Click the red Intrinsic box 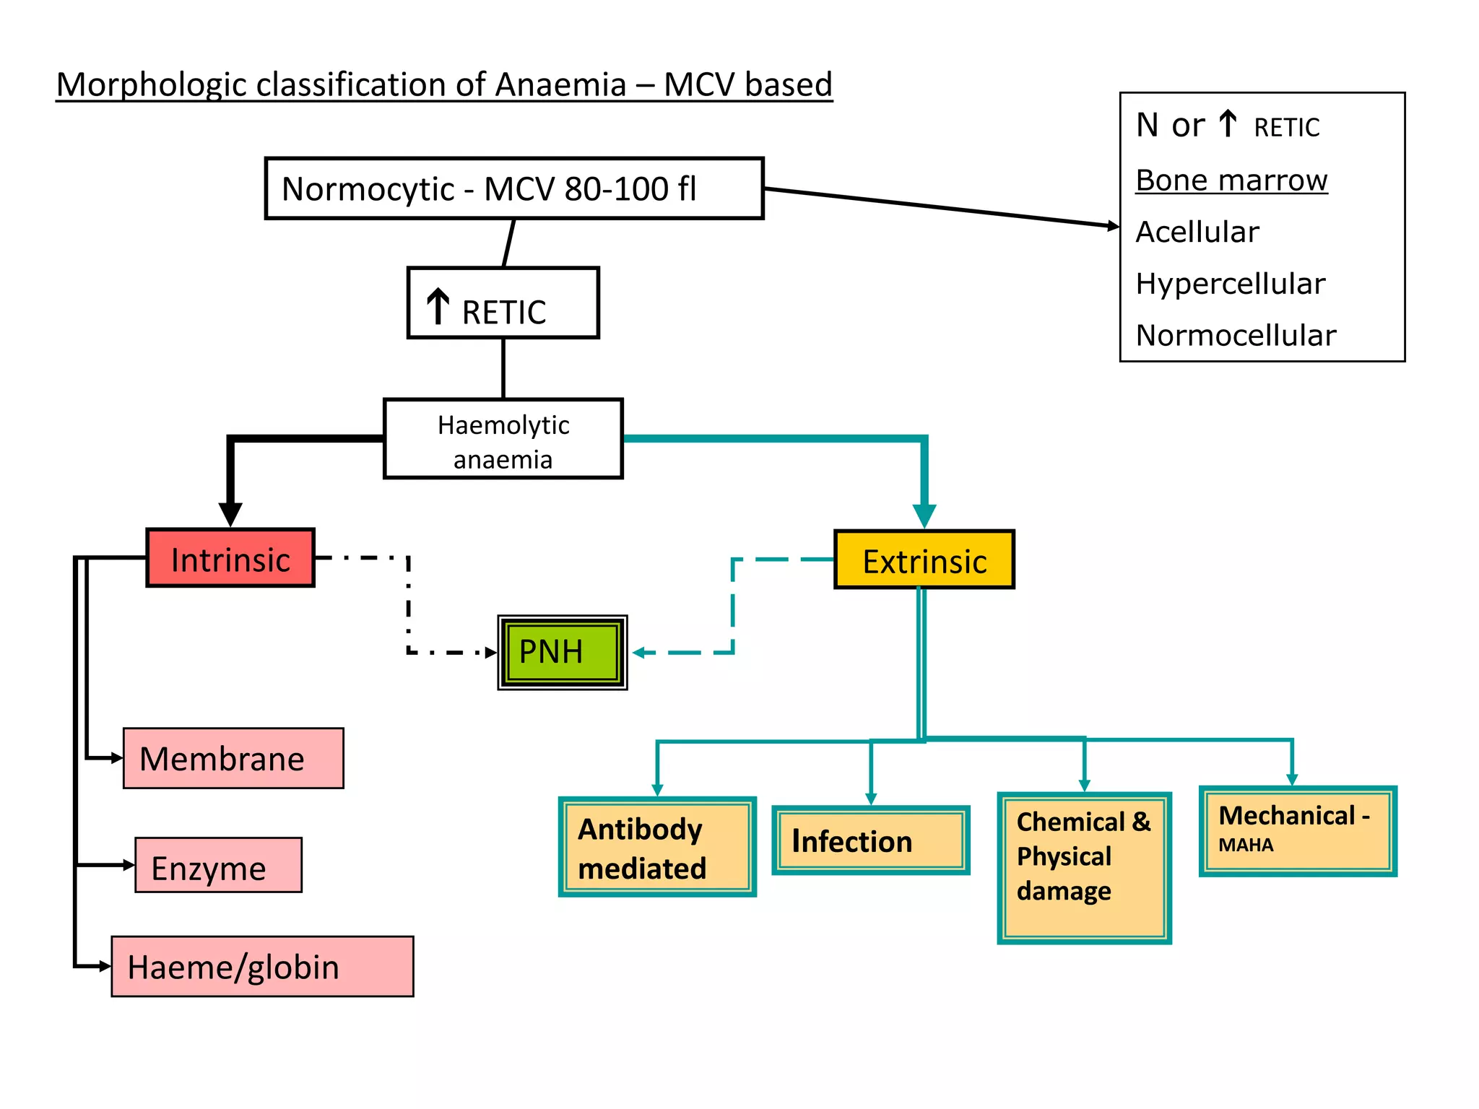click(x=230, y=559)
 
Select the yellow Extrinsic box click(x=924, y=561)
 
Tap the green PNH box click(x=562, y=652)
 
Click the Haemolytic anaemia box click(x=503, y=440)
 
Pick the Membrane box click(x=233, y=758)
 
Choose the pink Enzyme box click(x=218, y=866)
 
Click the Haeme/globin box click(x=262, y=967)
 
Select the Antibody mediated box click(x=656, y=848)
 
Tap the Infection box click(x=870, y=841)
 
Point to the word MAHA click(x=1246, y=845)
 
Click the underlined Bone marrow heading click(x=1231, y=180)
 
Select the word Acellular click(x=1197, y=232)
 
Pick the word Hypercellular click(x=1230, y=284)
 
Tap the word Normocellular click(x=1235, y=336)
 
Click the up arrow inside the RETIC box click(x=438, y=306)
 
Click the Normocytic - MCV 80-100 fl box click(x=513, y=188)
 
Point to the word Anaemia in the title click(x=560, y=84)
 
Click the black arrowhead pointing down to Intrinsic click(x=230, y=514)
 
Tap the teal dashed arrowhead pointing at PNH click(x=639, y=653)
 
